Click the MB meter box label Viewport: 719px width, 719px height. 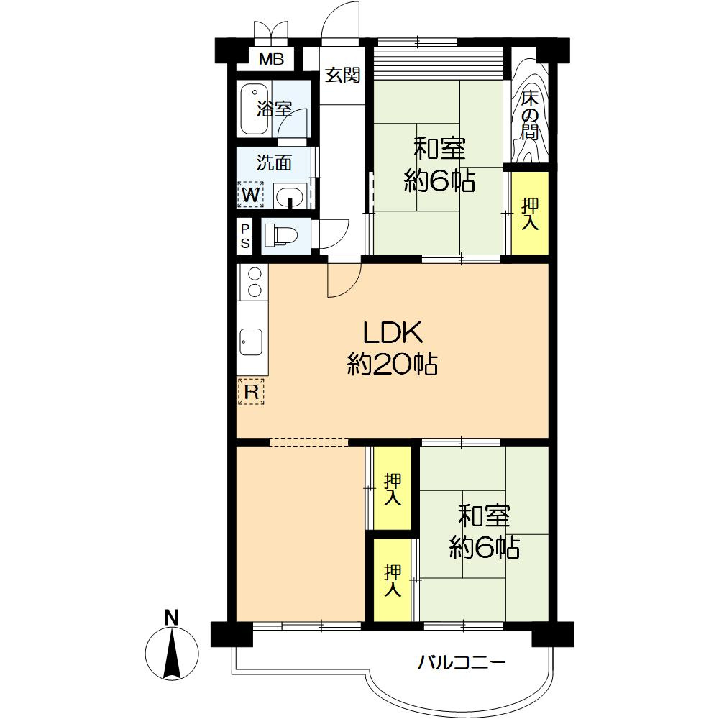[272, 59]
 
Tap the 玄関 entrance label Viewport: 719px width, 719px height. [342, 75]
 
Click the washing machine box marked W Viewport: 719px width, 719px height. [251, 194]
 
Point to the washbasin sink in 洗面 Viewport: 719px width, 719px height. [290, 196]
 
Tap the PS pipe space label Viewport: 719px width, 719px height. [245, 236]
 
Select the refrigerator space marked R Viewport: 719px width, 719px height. [251, 392]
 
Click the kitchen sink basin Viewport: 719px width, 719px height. [251, 342]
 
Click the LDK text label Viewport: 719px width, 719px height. [393, 333]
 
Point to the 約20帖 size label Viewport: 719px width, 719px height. [392, 364]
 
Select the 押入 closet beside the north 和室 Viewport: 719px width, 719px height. [530, 214]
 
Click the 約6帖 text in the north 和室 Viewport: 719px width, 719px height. [439, 180]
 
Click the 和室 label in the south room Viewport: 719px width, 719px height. [484, 516]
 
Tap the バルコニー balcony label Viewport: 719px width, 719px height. [462, 662]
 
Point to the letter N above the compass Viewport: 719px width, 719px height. [172, 618]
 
